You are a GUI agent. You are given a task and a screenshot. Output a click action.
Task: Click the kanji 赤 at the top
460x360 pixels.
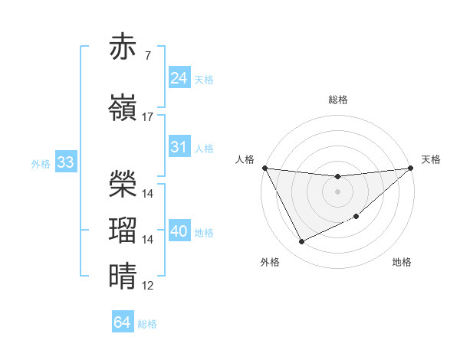(124, 47)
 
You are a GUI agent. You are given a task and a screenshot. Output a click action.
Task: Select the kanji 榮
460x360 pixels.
(124, 182)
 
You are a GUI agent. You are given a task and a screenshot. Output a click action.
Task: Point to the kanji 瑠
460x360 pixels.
(124, 229)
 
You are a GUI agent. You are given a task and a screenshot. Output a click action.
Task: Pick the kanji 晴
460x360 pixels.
(124, 275)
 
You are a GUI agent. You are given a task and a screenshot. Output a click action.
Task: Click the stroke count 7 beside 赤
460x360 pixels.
(147, 56)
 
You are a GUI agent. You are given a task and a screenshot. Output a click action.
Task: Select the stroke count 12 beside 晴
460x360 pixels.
(148, 286)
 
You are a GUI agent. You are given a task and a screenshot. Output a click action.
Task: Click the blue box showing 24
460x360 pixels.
(179, 77)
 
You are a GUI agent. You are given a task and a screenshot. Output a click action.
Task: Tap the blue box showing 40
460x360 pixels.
(179, 231)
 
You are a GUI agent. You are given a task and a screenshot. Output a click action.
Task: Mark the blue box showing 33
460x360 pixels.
(65, 162)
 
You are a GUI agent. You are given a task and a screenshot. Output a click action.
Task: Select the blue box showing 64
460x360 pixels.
(122, 322)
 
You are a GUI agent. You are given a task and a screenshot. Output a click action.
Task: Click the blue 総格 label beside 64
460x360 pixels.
(147, 324)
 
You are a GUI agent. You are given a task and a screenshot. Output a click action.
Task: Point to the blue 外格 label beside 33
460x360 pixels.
(41, 164)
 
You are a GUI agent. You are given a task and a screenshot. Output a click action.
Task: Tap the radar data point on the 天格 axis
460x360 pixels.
(411, 169)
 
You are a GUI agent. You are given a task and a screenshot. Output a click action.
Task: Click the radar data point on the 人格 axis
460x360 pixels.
(264, 168)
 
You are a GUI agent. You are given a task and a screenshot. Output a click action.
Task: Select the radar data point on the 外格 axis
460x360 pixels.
(301, 242)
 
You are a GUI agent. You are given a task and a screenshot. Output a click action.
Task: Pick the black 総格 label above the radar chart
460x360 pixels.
(337, 100)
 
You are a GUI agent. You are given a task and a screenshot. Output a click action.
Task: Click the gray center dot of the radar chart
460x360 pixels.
(337, 191)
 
